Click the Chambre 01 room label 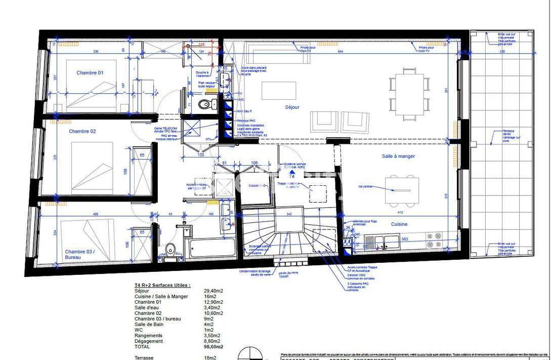coord(90,73)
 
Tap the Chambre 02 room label coord(82,132)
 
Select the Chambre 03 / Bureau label coord(79,254)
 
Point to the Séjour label coord(292,107)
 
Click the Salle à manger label coord(398,156)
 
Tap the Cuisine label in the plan coord(399,224)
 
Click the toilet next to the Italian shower coord(205,104)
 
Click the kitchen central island coord(402,190)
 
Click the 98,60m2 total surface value coord(213,347)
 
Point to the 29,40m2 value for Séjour coord(213,291)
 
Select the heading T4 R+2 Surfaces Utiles coord(162,286)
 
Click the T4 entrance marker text coord(292,177)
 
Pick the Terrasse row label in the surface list coord(144,358)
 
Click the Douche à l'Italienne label coord(202,74)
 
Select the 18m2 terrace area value coord(209,358)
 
